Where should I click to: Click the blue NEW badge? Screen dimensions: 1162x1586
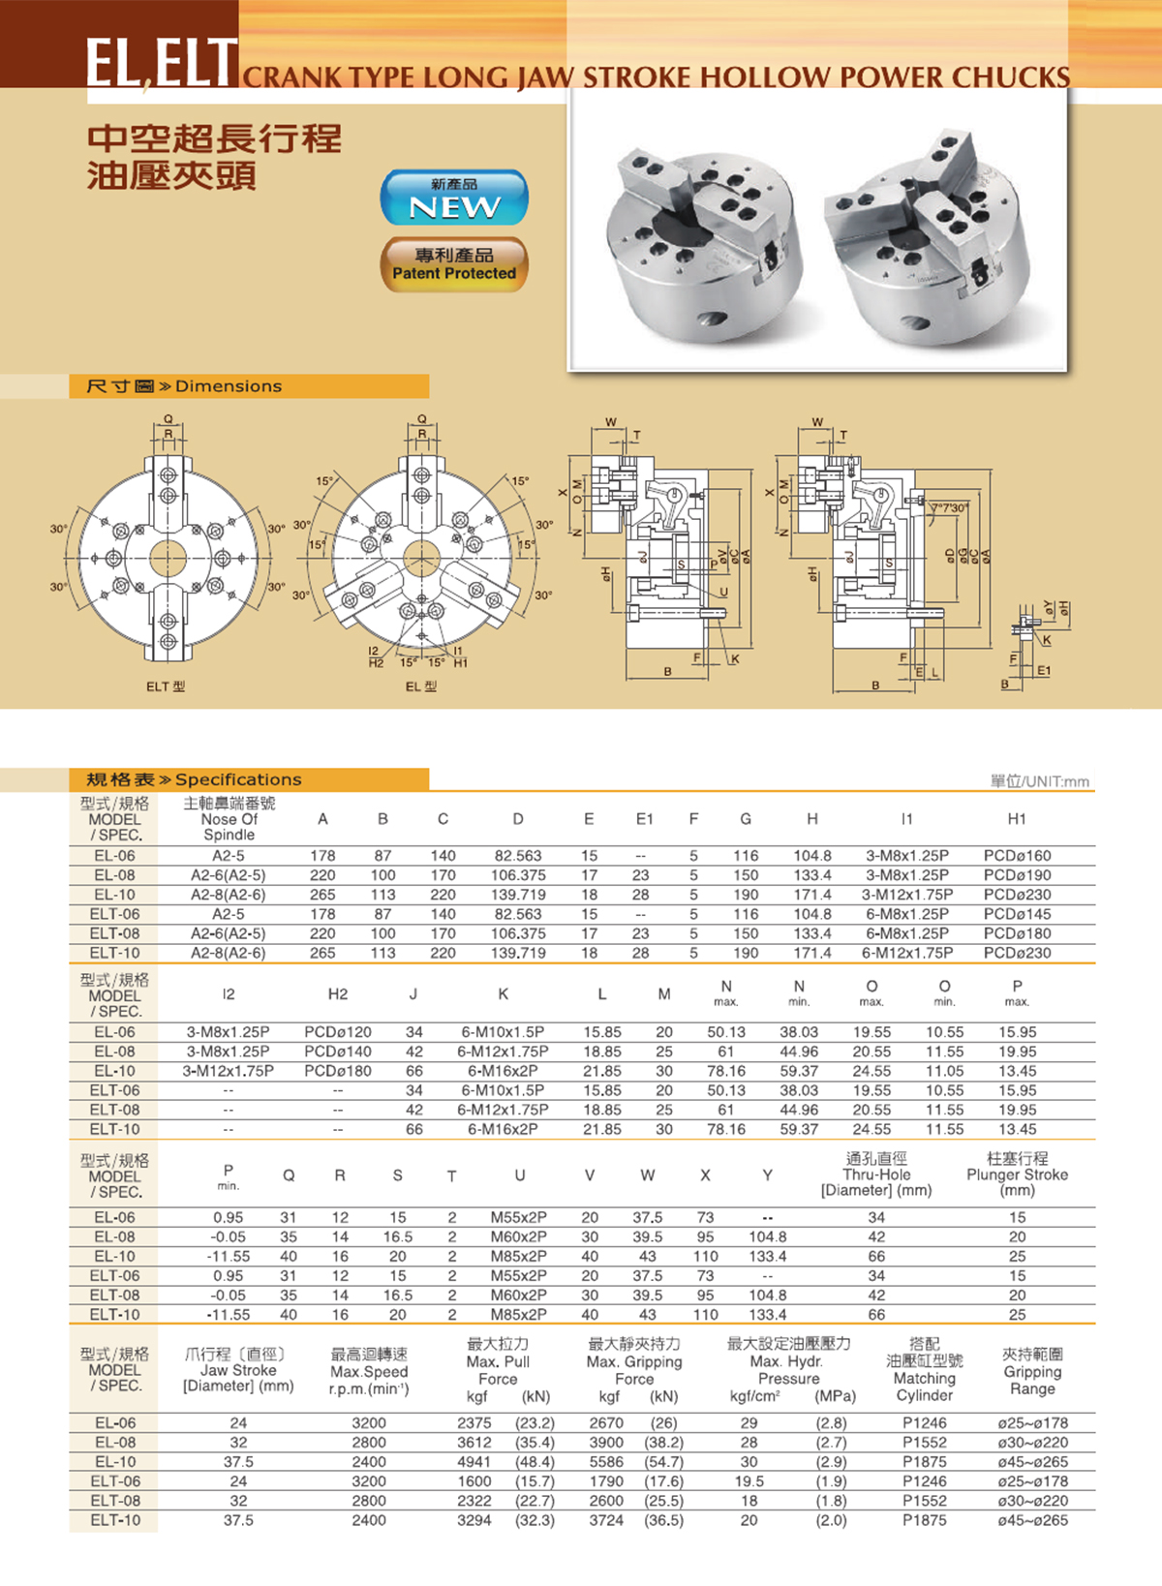pyautogui.click(x=454, y=198)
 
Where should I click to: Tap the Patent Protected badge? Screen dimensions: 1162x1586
pyautogui.click(x=454, y=264)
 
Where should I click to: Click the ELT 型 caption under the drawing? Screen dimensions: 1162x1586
pyautogui.click(x=166, y=686)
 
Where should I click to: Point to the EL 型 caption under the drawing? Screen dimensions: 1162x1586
pyautogui.click(x=421, y=686)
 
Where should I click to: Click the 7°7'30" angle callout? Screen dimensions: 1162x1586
pyautogui.click(x=949, y=507)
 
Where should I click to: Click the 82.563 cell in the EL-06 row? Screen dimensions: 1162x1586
pyautogui.click(x=518, y=855)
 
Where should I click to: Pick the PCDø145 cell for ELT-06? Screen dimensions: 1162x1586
pyautogui.click(x=1017, y=914)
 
